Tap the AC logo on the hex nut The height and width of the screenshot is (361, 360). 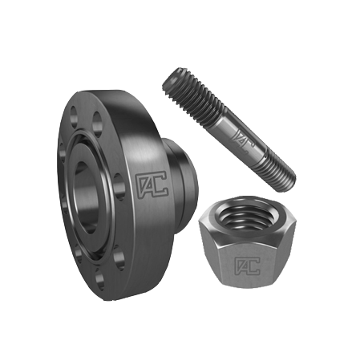247,266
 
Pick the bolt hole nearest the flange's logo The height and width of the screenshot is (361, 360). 119,187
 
